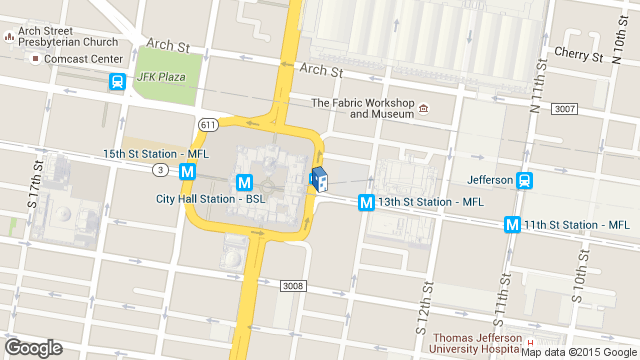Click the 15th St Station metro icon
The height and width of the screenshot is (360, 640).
187,171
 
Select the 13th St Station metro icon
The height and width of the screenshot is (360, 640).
366,203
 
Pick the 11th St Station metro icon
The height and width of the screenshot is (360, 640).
514,225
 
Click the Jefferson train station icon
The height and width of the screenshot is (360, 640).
524,181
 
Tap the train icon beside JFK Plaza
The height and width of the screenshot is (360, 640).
118,82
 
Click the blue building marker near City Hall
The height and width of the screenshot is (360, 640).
319,180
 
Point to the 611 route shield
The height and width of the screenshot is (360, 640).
207,124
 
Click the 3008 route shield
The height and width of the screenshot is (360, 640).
292,258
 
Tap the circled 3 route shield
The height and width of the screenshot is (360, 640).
160,170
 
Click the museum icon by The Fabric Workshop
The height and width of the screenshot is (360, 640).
424,108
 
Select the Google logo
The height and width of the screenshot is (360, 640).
33,347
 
